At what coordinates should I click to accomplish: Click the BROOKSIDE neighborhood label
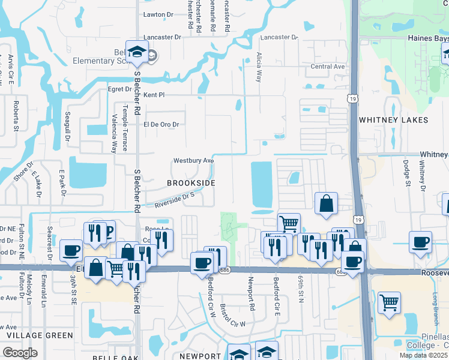click(190, 182)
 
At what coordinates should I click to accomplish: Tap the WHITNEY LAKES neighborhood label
click(393, 120)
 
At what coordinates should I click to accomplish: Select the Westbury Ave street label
click(194, 161)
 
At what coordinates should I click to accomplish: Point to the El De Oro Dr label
click(161, 124)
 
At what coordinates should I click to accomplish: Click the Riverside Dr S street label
click(175, 200)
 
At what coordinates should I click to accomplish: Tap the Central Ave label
click(328, 67)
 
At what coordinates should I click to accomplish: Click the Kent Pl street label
click(154, 95)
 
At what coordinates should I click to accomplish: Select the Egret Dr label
click(119, 89)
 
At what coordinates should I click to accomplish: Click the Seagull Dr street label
click(68, 128)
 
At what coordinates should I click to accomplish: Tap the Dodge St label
click(406, 172)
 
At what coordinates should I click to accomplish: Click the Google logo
click(20, 353)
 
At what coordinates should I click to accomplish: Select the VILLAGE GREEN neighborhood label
click(31, 334)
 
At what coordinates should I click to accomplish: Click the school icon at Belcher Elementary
click(137, 52)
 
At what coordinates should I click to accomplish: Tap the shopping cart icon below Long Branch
click(390, 303)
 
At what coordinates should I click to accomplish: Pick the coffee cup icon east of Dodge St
click(420, 242)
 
